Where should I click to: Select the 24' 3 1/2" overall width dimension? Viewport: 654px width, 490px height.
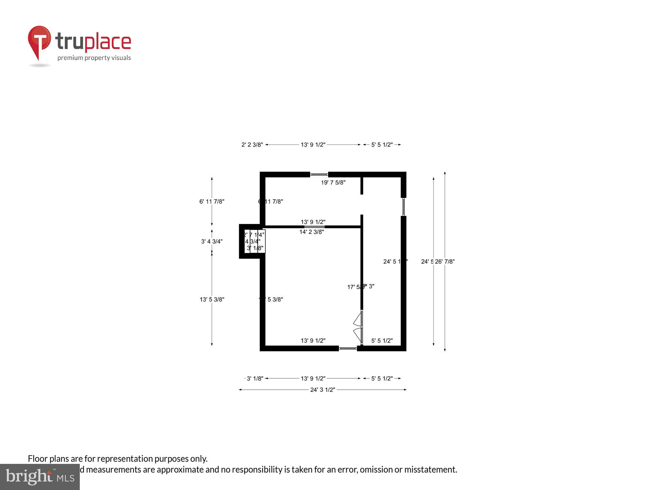pyautogui.click(x=323, y=390)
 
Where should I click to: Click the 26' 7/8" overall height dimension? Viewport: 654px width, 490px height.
pyautogui.click(x=445, y=261)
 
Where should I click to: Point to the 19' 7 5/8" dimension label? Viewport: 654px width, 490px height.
pyautogui.click(x=333, y=183)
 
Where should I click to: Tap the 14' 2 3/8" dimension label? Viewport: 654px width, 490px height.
pyautogui.click(x=312, y=232)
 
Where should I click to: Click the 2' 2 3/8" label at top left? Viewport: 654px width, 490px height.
pyautogui.click(x=252, y=145)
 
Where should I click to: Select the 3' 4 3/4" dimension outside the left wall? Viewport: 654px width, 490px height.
pyautogui.click(x=212, y=241)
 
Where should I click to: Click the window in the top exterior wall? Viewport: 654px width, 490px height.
pyautogui.click(x=319, y=174)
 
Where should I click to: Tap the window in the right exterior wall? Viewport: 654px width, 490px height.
pyautogui.click(x=404, y=207)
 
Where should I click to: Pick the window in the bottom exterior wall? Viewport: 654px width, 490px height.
pyautogui.click(x=348, y=348)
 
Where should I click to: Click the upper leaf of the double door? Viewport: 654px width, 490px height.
pyautogui.click(x=358, y=319)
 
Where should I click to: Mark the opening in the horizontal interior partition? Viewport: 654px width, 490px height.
pyautogui.click(x=315, y=227)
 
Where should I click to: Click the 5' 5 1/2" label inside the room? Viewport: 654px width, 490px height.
pyautogui.click(x=382, y=341)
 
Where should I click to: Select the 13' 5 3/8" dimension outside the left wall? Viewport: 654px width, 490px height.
pyautogui.click(x=212, y=299)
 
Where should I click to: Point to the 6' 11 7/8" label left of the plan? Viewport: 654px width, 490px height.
pyautogui.click(x=212, y=202)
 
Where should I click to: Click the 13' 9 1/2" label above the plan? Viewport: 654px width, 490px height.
pyautogui.click(x=313, y=145)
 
